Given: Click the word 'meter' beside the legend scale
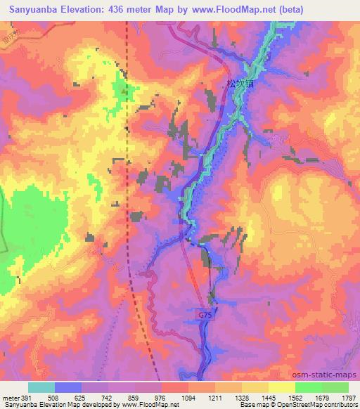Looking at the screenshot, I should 9,397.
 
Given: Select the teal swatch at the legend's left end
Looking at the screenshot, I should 41,387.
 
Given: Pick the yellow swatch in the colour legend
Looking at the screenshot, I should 282,387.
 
